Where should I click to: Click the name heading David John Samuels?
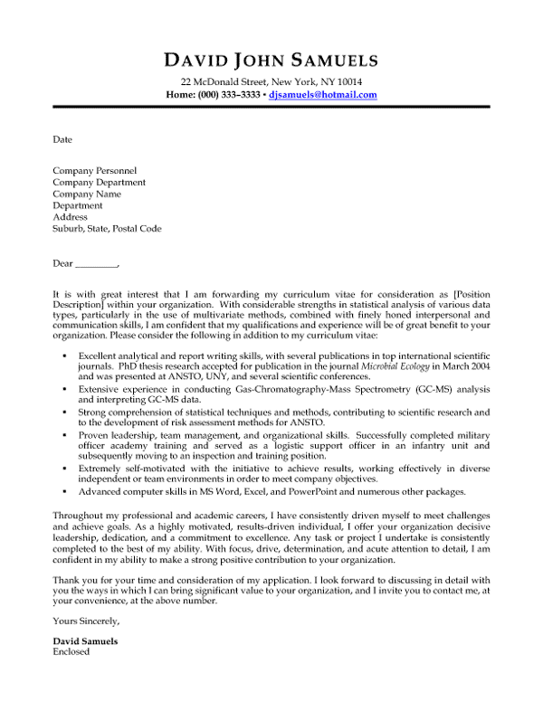click(271, 61)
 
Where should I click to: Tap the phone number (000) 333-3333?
click(229, 94)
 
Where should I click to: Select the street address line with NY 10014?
click(271, 81)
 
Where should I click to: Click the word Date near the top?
click(62, 140)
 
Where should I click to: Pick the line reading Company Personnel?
click(95, 170)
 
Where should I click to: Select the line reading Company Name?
click(87, 194)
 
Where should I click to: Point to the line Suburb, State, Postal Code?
click(107, 229)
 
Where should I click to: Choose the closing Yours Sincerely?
click(86, 621)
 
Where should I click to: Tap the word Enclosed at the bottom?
click(71, 651)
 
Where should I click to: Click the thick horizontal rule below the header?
click(271, 107)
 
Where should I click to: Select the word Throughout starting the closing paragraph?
click(79, 513)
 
